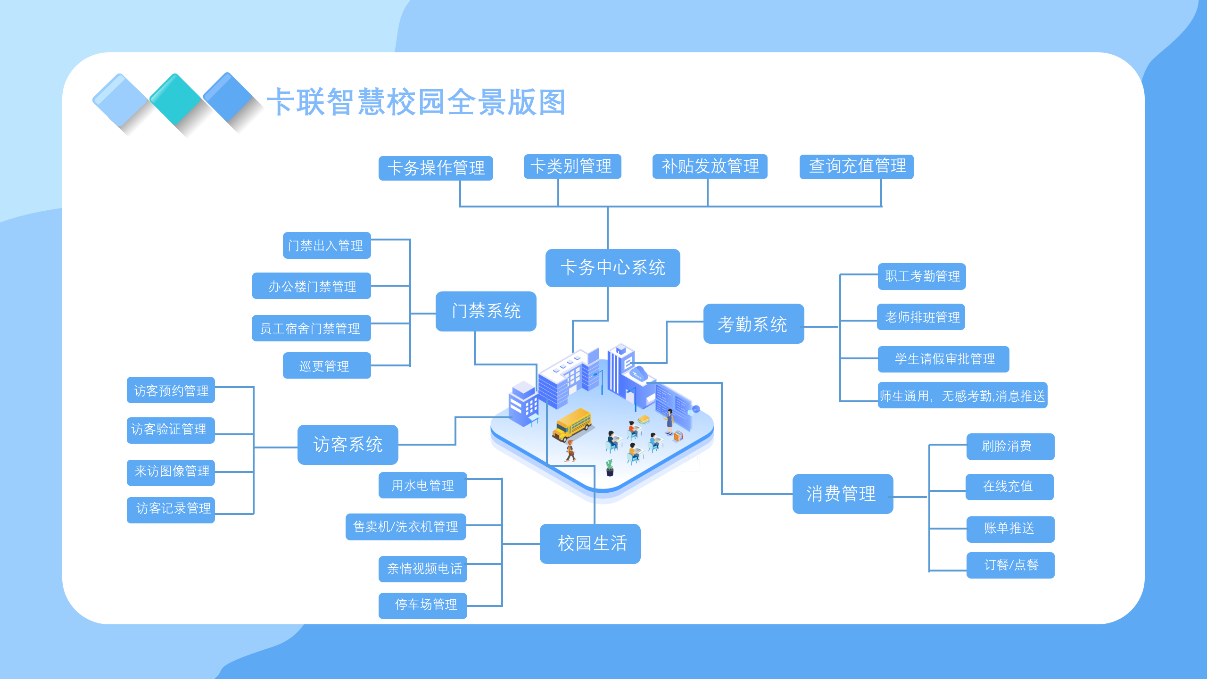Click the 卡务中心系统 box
(612, 268)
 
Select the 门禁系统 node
(486, 311)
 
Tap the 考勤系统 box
(753, 324)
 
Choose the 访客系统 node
(347, 445)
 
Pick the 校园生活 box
(590, 544)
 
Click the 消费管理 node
(842, 494)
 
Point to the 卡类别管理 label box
(572, 166)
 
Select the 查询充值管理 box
(856, 166)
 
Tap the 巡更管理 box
(326, 365)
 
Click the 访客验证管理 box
(170, 430)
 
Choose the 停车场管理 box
(422, 605)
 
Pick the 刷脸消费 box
(1010, 447)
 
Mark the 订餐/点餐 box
(1010, 565)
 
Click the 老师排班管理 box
(921, 317)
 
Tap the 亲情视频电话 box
(422, 569)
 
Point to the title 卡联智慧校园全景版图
(416, 102)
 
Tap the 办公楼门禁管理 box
(311, 286)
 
